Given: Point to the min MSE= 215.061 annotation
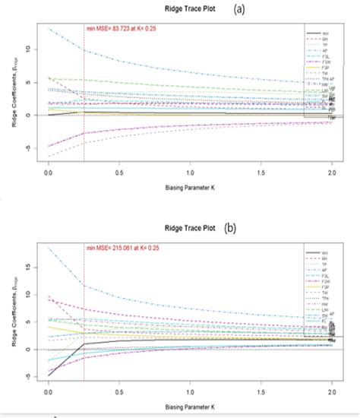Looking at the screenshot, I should [125, 247].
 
